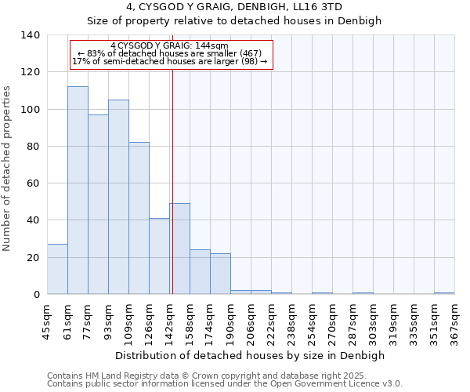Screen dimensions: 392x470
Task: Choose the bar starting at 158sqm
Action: (x=200, y=272)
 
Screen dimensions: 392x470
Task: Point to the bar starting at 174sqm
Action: (x=220, y=274)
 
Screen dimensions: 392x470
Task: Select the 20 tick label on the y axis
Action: (x=33, y=258)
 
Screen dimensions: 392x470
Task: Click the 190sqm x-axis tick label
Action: (x=230, y=320)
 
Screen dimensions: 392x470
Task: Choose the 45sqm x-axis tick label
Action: (x=47, y=320)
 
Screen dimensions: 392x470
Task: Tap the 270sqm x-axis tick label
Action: (x=332, y=320)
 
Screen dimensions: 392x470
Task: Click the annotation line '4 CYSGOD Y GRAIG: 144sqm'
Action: (x=170, y=46)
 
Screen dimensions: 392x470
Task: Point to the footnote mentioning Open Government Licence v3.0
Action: (x=225, y=384)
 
